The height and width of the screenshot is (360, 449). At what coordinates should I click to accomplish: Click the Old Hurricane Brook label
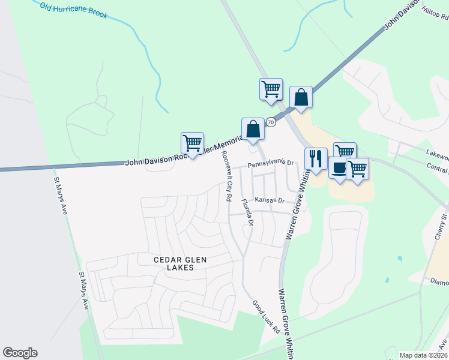coord(74,10)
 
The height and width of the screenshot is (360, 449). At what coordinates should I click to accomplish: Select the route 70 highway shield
coord(271,122)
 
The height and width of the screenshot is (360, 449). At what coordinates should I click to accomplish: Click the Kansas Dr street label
coord(268,200)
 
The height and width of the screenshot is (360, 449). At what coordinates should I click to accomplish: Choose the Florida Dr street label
coord(247,212)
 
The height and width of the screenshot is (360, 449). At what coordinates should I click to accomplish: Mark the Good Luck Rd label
coord(266,317)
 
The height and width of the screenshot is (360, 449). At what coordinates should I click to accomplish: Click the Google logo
coord(20,353)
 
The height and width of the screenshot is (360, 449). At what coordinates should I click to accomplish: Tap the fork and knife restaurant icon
coord(316,159)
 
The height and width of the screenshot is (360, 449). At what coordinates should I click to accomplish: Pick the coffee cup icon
coord(339,168)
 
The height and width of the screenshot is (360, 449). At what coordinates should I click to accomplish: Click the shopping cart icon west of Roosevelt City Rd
coord(192,143)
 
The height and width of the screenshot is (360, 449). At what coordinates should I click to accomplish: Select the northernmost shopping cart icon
coord(271,89)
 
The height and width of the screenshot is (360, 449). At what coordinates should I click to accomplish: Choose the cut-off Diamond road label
coord(439,281)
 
